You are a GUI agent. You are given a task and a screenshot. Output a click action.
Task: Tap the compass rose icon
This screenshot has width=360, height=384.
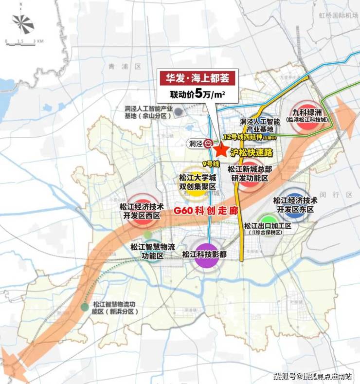23,23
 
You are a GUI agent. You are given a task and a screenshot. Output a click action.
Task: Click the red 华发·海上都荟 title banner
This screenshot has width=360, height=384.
197,77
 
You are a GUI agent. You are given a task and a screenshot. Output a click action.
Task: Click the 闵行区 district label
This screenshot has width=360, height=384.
342,194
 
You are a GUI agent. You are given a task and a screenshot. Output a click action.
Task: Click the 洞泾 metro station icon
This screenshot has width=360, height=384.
208,143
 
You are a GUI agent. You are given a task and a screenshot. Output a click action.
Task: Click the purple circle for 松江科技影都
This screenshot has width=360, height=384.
207,255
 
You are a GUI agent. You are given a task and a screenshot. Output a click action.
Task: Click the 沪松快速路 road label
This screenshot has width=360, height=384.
253,152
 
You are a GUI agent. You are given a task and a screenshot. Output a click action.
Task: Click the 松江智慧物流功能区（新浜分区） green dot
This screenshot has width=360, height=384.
85,307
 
